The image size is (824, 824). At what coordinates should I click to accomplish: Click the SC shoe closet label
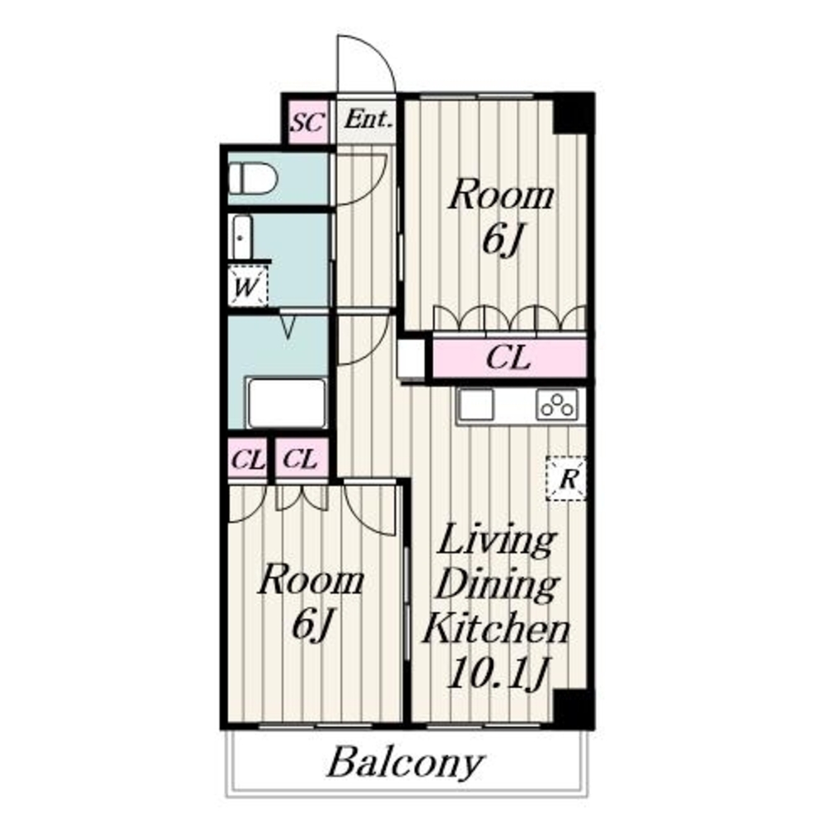click(307, 123)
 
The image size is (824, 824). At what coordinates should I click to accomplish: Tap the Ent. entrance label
click(368, 119)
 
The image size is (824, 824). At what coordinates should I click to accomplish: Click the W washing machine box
click(247, 287)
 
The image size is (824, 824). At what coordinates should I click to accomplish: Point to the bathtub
click(287, 403)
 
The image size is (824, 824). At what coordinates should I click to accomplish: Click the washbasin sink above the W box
click(241, 236)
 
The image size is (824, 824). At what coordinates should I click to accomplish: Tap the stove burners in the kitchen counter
click(557, 405)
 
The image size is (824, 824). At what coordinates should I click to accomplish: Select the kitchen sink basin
click(475, 404)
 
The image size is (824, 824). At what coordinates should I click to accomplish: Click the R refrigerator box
click(566, 478)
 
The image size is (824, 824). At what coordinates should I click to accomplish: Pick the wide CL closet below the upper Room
click(508, 358)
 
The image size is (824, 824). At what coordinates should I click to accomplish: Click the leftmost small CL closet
click(247, 460)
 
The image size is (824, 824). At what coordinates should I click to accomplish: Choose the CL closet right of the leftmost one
click(302, 458)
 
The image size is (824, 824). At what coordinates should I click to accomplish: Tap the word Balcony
click(405, 763)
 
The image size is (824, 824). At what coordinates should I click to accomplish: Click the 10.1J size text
click(499, 673)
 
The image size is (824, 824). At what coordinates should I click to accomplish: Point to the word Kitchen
click(497, 628)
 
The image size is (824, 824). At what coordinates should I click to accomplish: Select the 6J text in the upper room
click(502, 241)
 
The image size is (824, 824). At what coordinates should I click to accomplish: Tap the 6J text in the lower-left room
click(311, 625)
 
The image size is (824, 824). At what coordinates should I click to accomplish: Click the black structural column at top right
click(574, 114)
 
